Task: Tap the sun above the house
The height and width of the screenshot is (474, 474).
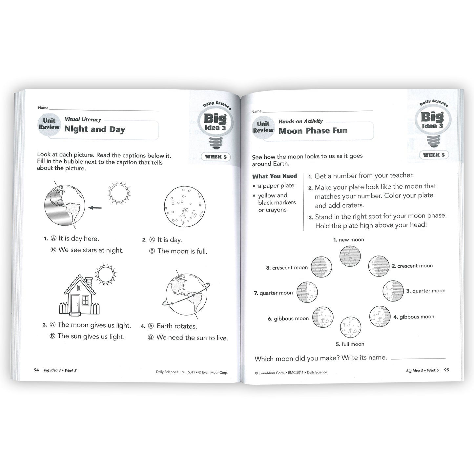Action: [105, 273]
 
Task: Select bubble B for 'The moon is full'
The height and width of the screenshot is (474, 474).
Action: [152, 251]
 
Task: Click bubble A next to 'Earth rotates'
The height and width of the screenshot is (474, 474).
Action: [151, 326]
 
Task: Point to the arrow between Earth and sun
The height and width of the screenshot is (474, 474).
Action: [95, 208]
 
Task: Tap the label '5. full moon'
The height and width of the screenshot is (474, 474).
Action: [350, 344]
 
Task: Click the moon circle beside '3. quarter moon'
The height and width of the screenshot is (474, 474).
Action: [393, 291]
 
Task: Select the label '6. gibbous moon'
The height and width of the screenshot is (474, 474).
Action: [288, 319]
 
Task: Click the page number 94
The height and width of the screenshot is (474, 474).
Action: [36, 370]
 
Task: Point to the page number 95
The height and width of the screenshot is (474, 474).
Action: [446, 370]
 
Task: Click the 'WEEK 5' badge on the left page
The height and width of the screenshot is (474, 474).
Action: [216, 157]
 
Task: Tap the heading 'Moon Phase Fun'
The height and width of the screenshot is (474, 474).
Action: [313, 131]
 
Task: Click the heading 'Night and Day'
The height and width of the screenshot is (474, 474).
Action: [94, 129]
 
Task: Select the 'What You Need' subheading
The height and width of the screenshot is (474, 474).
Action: [274, 176]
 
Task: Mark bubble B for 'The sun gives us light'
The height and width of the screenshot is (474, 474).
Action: [52, 336]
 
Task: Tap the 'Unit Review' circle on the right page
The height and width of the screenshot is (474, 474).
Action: [263, 127]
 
